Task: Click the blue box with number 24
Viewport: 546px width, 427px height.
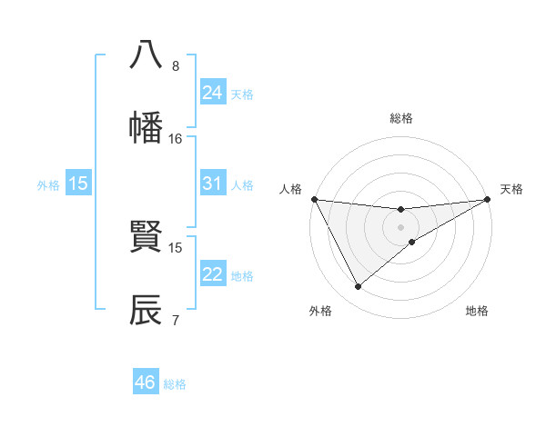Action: (212, 92)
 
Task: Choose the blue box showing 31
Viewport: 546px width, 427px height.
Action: (212, 184)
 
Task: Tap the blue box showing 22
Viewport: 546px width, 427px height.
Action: (212, 274)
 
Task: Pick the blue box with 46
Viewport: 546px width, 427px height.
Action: (146, 382)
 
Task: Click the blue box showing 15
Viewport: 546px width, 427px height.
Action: (78, 184)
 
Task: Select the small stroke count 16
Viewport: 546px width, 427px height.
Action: (176, 139)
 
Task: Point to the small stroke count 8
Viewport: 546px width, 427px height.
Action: (176, 66)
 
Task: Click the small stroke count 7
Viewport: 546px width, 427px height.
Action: (176, 321)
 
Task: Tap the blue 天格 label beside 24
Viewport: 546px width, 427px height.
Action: (242, 94)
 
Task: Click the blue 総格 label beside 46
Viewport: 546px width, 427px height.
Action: (175, 384)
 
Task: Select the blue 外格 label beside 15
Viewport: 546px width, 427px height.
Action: (48, 184)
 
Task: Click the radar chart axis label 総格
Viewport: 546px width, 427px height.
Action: (401, 118)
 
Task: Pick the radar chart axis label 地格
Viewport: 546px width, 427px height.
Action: (477, 312)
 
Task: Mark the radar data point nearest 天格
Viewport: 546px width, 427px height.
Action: (488, 200)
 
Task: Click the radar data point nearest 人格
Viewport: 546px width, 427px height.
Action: (314, 199)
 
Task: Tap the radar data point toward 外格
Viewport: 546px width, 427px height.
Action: (359, 287)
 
